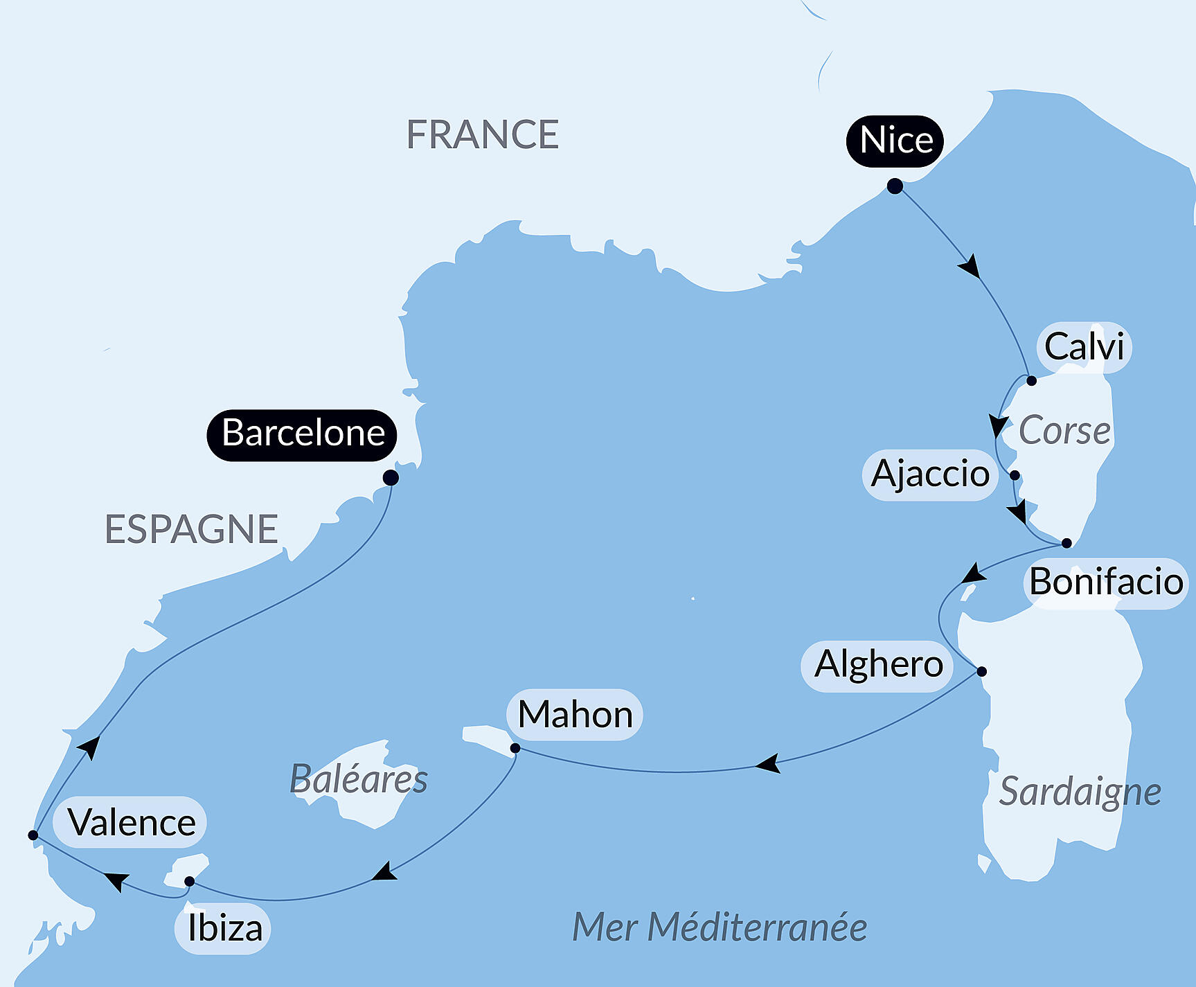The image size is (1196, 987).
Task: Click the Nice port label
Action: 895,141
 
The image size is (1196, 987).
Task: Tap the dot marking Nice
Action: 895,186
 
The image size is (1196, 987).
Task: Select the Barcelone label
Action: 303,434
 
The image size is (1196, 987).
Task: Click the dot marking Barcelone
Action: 391,477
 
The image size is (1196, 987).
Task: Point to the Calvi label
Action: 1084,347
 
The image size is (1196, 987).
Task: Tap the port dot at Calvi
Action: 1031,380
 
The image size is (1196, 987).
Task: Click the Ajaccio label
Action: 930,474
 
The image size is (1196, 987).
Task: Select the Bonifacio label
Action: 1105,582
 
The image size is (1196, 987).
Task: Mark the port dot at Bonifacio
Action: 1066,543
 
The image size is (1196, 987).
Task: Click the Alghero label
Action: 878,665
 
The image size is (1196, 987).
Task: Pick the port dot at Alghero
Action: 981,670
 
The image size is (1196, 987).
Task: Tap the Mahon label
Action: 575,715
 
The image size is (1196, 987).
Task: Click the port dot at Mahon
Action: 515,748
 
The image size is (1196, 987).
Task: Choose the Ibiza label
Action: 224,928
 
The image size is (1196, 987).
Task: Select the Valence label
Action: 132,823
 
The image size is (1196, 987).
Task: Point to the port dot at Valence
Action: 33,835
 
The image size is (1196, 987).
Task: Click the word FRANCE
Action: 482,134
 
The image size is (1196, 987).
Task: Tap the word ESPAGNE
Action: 191,529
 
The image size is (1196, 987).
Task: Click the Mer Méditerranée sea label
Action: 720,927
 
